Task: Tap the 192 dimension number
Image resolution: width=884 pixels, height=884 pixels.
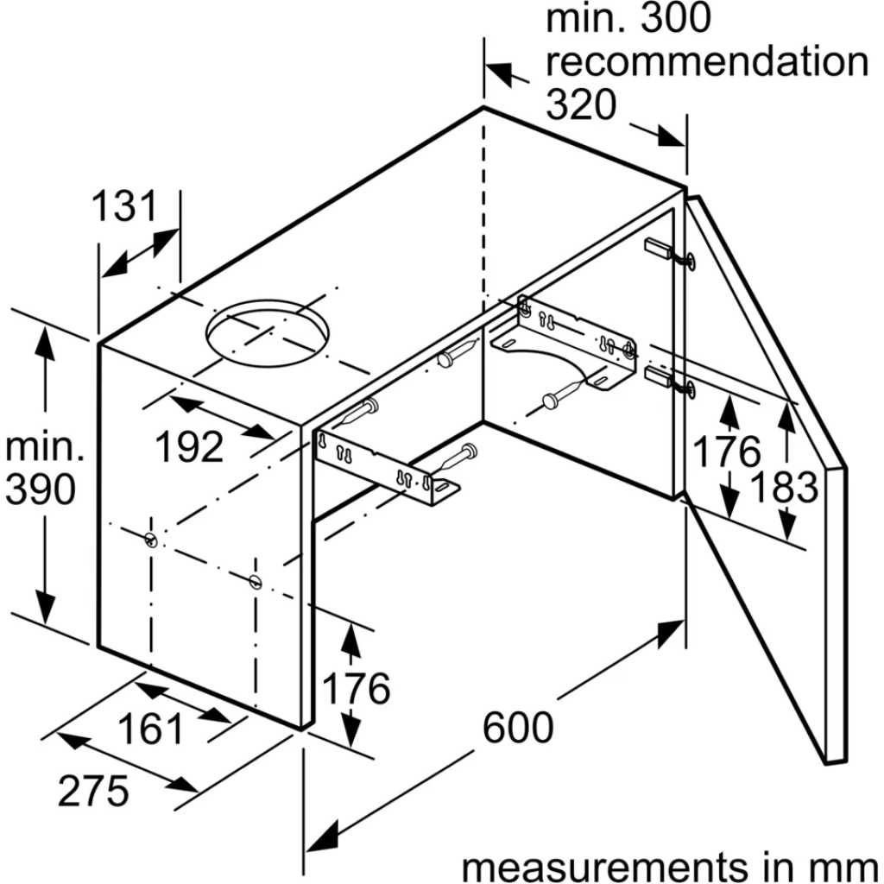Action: click(189, 447)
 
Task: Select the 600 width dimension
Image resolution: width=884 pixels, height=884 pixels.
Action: click(518, 727)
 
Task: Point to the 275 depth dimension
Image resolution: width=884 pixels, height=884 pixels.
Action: click(93, 791)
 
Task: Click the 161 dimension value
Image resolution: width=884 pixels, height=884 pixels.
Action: click(150, 729)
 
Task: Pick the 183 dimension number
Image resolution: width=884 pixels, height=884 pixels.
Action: click(784, 487)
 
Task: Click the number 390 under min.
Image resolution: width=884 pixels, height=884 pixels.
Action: click(40, 489)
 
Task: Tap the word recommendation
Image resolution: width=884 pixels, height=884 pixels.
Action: click(707, 61)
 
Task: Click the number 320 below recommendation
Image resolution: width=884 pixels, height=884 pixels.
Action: click(581, 104)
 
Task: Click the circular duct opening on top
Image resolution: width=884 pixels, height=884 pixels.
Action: click(267, 333)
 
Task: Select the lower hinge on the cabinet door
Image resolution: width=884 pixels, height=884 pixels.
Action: click(670, 381)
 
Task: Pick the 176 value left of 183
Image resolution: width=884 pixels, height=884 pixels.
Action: click(726, 451)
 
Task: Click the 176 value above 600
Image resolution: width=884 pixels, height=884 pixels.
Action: click(356, 688)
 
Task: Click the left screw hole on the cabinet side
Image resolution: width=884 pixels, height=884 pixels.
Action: click(150, 540)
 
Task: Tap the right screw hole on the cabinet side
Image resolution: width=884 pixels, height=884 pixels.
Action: click(256, 581)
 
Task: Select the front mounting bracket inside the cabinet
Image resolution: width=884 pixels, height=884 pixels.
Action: click(388, 468)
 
